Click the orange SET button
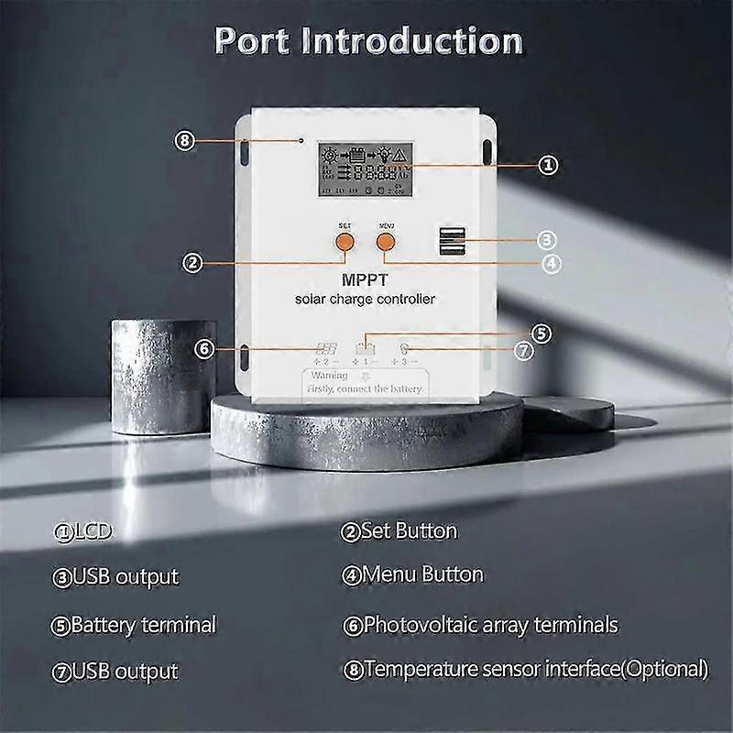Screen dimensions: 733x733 (x=344, y=241)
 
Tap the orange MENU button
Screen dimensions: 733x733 (x=385, y=241)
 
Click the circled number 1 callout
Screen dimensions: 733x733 (x=546, y=165)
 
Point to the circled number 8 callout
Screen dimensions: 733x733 (x=185, y=140)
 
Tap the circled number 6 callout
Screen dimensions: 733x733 (x=205, y=348)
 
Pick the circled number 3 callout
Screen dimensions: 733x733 (x=546, y=240)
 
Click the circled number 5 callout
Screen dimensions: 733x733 (x=542, y=333)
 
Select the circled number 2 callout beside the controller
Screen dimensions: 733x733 (x=191, y=263)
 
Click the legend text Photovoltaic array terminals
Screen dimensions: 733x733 (x=489, y=626)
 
